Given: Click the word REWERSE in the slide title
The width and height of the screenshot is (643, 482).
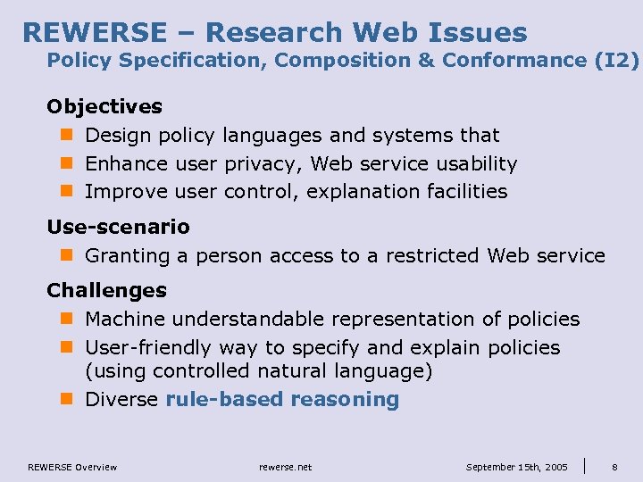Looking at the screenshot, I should tap(94, 32).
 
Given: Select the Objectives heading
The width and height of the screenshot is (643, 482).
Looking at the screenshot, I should tap(104, 106).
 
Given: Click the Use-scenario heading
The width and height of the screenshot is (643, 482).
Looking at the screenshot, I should tap(118, 227).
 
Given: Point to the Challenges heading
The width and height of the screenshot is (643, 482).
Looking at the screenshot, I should tap(106, 290).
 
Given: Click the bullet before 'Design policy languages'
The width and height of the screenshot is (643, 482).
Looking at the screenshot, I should tap(65, 136).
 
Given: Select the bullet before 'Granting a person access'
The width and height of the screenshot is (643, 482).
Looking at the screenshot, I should tap(65, 256).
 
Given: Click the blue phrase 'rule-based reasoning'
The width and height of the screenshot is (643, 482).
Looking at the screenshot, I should tap(282, 399).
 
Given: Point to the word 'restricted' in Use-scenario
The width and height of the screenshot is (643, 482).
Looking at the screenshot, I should tap(436, 255).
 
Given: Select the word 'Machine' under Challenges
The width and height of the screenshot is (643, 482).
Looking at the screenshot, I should tap(125, 319).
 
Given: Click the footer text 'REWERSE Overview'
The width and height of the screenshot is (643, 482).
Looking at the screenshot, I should tap(72, 467).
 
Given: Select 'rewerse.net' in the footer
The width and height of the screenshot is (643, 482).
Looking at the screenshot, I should tap(285, 467).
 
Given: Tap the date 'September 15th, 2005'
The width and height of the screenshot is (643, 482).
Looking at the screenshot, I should tap(516, 467).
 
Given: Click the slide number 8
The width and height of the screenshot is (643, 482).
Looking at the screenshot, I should tap(614, 467).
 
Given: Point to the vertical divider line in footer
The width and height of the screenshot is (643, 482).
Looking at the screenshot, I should tap(585, 465).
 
